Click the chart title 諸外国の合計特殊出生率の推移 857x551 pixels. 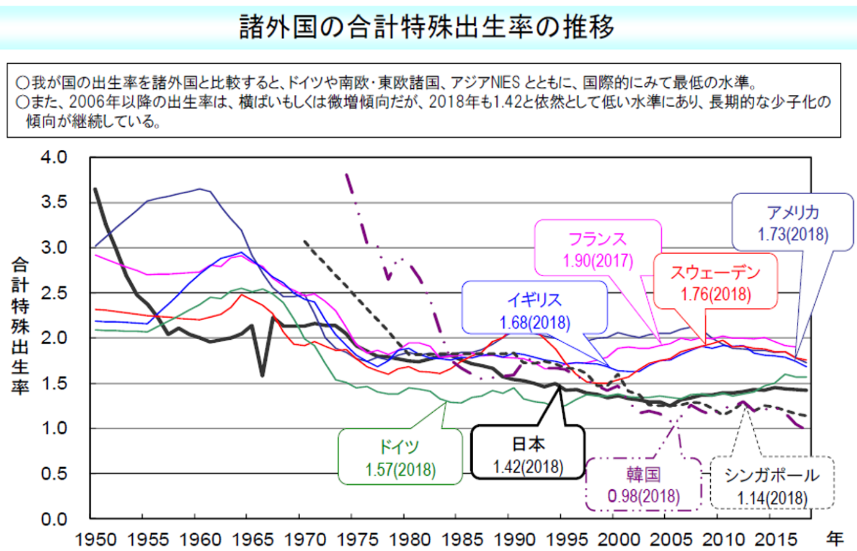tap(427, 27)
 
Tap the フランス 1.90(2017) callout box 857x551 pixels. tap(598, 249)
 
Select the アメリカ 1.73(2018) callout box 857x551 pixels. tap(793, 223)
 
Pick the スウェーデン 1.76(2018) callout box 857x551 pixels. tap(715, 283)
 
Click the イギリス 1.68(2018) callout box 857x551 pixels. tap(534, 311)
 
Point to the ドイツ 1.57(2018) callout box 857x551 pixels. tap(400, 457)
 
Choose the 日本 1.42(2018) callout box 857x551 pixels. tap(528, 454)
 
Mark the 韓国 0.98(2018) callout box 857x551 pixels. tap(643, 484)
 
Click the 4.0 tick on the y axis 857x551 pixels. tap(54, 157)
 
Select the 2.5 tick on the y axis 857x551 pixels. tap(54, 293)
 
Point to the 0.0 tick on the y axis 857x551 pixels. tap(54, 519)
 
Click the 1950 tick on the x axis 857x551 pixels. tap(95, 539)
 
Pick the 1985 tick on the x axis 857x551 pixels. tap(462, 539)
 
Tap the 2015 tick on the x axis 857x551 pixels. tap(776, 539)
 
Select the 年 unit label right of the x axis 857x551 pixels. tap(835, 539)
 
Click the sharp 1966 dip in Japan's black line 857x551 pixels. tap(262, 375)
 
